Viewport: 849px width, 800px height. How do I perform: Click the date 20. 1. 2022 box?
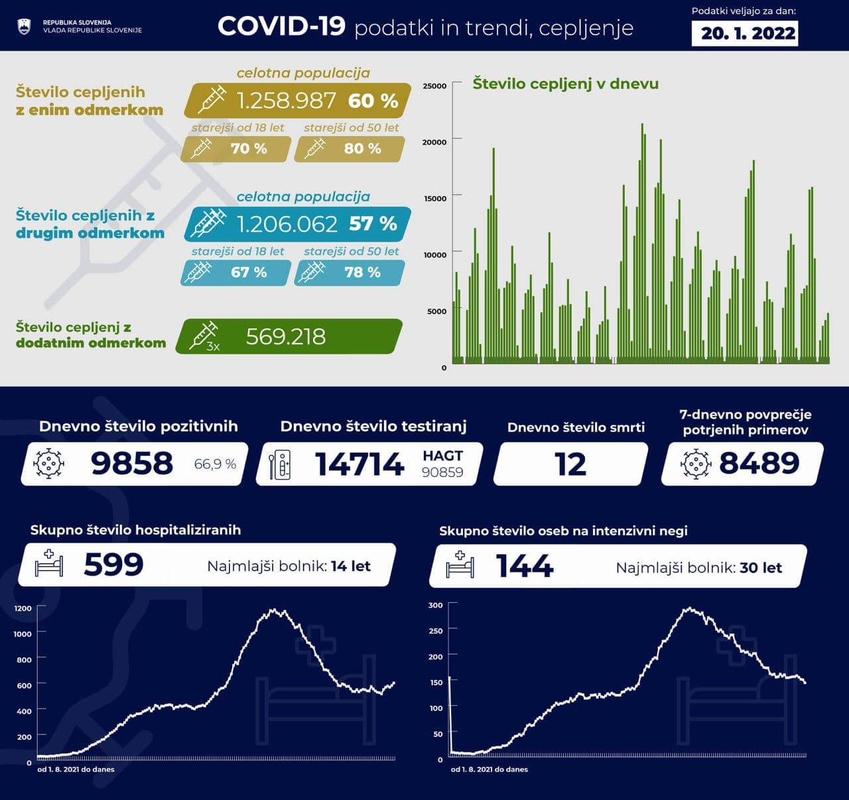click(748, 33)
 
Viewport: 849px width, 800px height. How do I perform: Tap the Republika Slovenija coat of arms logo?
click(24, 27)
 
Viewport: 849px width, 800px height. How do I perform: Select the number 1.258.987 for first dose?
click(287, 101)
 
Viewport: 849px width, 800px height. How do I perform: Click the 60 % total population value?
click(373, 101)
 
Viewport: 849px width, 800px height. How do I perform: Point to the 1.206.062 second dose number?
click(287, 224)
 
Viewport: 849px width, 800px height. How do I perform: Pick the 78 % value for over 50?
click(362, 273)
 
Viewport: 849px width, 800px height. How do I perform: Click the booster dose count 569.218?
click(286, 337)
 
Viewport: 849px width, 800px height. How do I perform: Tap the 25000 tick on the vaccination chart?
click(434, 86)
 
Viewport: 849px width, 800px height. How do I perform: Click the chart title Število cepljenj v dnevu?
click(565, 84)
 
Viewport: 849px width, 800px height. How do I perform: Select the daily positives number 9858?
click(132, 463)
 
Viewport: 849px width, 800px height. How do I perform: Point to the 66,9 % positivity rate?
click(215, 464)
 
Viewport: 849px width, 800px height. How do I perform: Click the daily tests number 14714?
click(359, 464)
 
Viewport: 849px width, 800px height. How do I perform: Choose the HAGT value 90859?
click(442, 472)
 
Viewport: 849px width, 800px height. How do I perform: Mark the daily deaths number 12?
click(570, 464)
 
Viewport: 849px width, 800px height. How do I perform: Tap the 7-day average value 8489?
click(759, 463)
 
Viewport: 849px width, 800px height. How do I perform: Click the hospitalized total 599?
click(113, 565)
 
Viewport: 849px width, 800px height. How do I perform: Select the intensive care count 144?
click(525, 567)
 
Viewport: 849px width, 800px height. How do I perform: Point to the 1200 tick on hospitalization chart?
click(23, 608)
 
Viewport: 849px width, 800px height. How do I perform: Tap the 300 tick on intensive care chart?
click(435, 606)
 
